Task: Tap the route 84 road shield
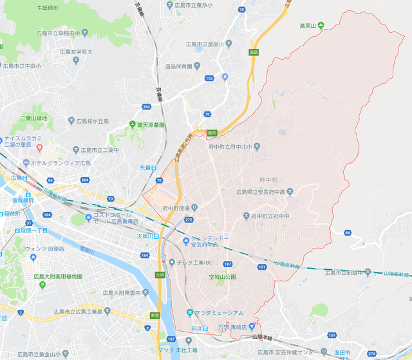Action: pos(348,232)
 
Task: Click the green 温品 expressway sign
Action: pos(253,52)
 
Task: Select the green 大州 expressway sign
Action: pos(160,275)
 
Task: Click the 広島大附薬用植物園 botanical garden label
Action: pos(58,276)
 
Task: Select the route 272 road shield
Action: pos(189,220)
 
